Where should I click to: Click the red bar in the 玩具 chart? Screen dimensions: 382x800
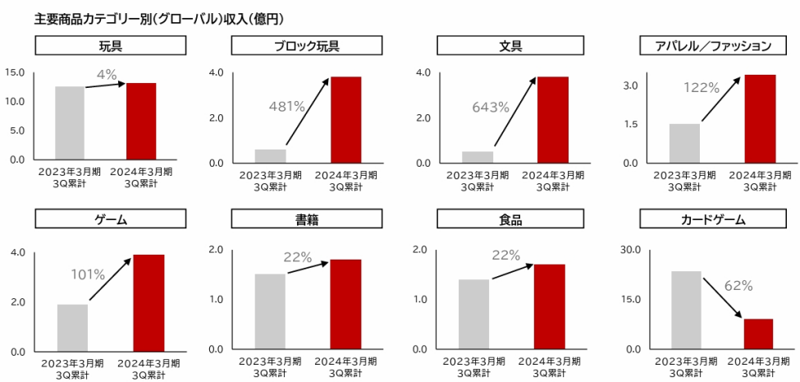click(x=141, y=121)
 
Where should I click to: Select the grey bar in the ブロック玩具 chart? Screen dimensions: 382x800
click(x=270, y=155)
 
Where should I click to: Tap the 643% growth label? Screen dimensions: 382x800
click(x=490, y=107)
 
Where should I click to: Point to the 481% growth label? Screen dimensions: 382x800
click(x=286, y=106)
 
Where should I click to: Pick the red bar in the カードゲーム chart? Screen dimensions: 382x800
click(x=758, y=334)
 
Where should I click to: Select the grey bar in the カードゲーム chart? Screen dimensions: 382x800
click(x=686, y=310)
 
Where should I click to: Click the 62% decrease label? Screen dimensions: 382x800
click(x=738, y=286)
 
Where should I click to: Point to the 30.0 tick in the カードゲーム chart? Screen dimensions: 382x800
click(x=629, y=249)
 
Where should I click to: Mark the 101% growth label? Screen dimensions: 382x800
click(x=88, y=274)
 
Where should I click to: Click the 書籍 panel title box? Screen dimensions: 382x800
click(x=307, y=219)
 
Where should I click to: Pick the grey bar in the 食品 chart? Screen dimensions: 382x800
click(x=473, y=314)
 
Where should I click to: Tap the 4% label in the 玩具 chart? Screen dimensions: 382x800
click(x=107, y=75)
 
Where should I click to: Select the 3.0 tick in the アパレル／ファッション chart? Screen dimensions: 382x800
click(x=629, y=85)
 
